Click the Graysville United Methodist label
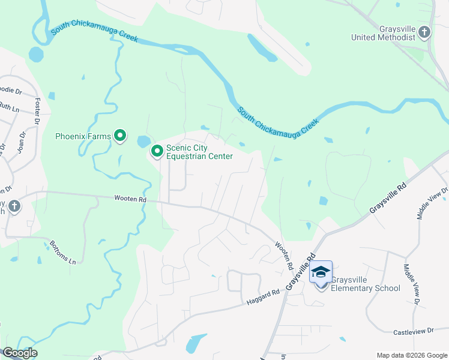coord(384,32)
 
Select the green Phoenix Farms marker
coord(120,136)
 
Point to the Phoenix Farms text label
coord(83,136)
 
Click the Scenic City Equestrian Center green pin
coord(157,152)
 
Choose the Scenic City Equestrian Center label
coord(199,152)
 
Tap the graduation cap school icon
coord(321,272)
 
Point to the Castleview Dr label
coord(413,331)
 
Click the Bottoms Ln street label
coord(64,254)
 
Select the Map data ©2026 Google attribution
coord(411,355)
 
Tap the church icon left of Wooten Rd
coord(14,207)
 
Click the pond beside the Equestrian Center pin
coord(143,142)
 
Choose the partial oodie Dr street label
coord(10,91)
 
